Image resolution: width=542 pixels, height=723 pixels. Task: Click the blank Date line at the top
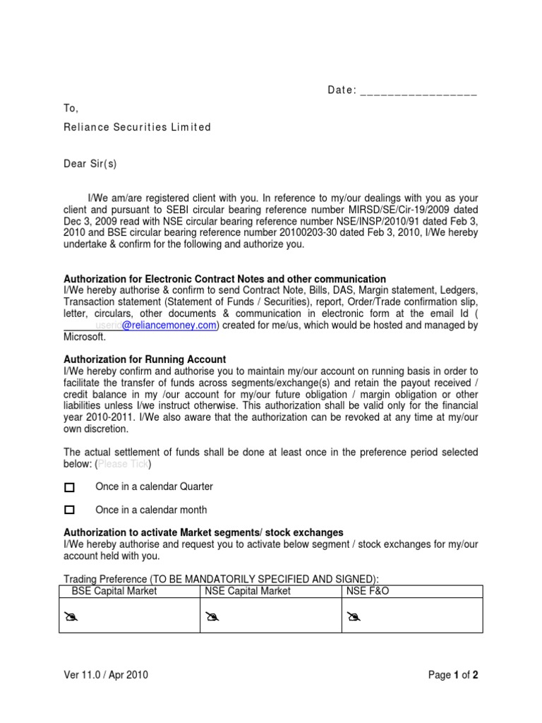(418, 91)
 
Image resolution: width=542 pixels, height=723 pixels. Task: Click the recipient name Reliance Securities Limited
(138, 127)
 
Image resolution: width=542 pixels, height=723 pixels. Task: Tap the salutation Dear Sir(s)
(90, 164)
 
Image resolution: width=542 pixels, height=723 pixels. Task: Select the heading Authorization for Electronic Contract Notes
(225, 279)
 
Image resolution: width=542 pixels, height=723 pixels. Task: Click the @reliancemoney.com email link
(169, 325)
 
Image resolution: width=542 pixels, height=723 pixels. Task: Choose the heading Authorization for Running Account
(145, 359)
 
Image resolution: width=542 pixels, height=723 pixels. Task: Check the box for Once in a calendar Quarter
(69, 487)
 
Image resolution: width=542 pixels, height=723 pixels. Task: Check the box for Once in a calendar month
(69, 510)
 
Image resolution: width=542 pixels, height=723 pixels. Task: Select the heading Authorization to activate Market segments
(204, 532)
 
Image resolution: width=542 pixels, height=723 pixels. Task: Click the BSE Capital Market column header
(115, 591)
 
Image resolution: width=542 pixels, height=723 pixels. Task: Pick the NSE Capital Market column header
(248, 591)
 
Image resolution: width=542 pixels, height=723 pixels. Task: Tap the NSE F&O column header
(368, 591)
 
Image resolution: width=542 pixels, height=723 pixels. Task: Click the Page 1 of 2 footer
(453, 675)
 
